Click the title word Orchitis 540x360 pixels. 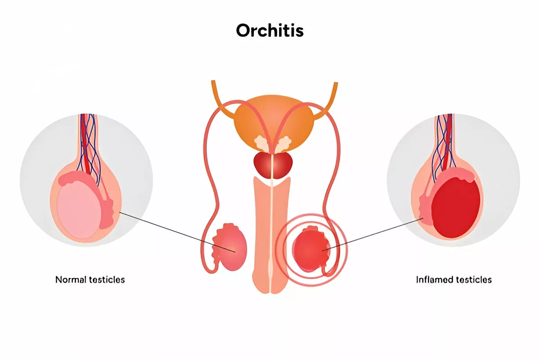270,31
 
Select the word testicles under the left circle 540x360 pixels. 107,280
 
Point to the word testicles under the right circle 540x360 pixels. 474,280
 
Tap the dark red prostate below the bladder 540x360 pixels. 273,166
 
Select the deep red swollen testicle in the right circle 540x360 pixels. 455,208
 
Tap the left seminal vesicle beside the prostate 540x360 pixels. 261,144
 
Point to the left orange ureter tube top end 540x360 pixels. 213,82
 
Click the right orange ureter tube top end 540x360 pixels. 336,84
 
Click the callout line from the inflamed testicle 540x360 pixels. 373,234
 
